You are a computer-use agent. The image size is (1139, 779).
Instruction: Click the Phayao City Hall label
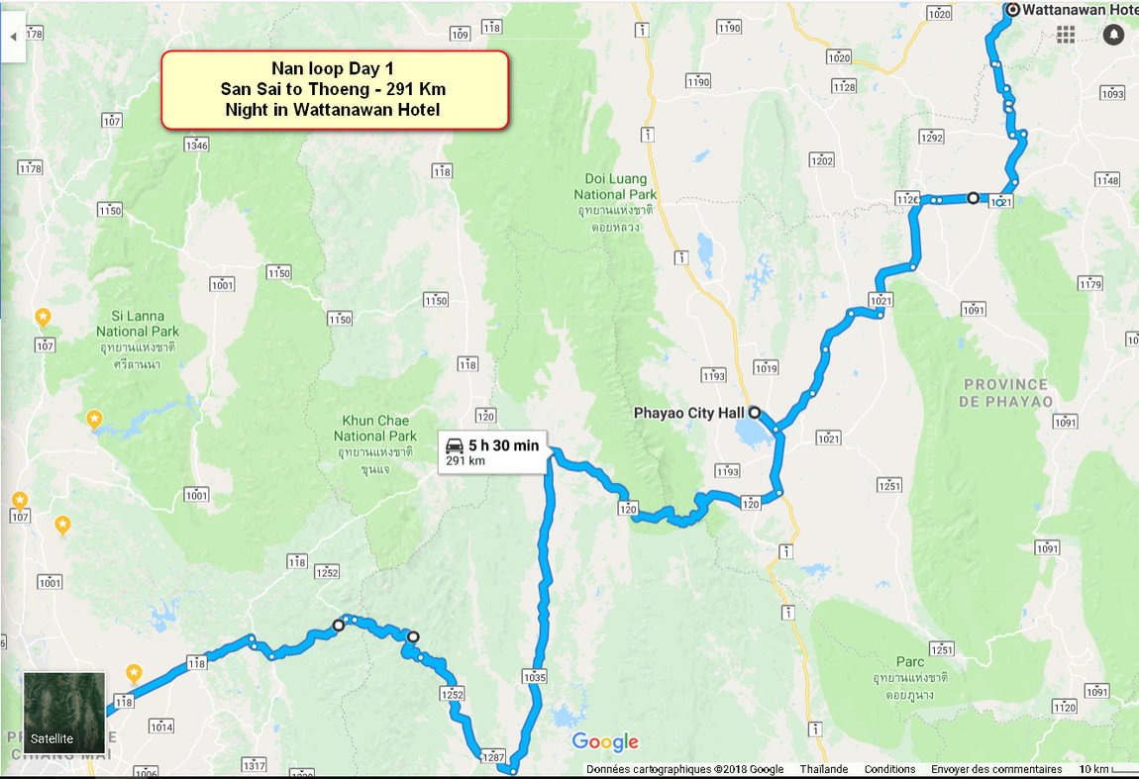click(688, 413)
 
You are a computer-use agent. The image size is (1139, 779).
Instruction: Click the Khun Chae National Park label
click(374, 429)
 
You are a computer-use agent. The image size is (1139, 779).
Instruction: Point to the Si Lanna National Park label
click(137, 324)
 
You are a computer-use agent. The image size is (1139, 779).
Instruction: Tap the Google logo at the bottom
click(605, 742)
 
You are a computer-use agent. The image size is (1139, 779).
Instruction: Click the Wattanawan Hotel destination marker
click(1012, 10)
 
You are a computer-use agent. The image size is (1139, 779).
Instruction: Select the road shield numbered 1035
click(532, 678)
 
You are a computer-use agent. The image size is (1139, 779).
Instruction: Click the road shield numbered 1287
click(493, 757)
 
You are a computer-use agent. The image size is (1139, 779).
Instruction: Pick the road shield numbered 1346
click(196, 146)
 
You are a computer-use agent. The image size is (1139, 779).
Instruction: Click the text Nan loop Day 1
click(334, 69)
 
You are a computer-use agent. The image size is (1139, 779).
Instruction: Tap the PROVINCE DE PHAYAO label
click(1004, 392)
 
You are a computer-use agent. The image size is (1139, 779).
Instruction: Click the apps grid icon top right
click(1066, 35)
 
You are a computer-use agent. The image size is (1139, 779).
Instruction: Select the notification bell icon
click(1114, 35)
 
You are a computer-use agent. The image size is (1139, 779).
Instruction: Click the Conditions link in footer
click(888, 769)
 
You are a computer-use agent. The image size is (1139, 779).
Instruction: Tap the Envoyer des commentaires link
click(995, 769)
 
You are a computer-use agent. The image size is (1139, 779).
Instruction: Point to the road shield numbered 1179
click(1089, 285)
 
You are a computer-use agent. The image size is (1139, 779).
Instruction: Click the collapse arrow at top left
click(13, 37)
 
